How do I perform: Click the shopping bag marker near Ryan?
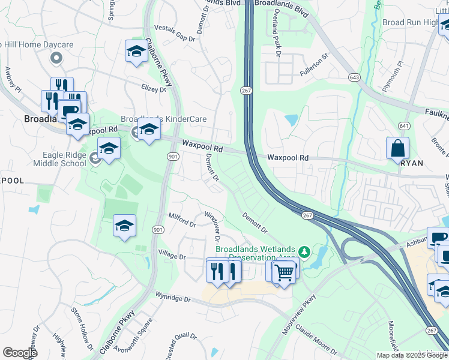(397, 148)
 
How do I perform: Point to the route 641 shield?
(404, 126)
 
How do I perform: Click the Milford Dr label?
(183, 223)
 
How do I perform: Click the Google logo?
(20, 353)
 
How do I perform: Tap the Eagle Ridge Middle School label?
(60, 158)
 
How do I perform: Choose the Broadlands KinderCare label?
(164, 119)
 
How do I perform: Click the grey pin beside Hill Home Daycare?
(56, 58)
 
